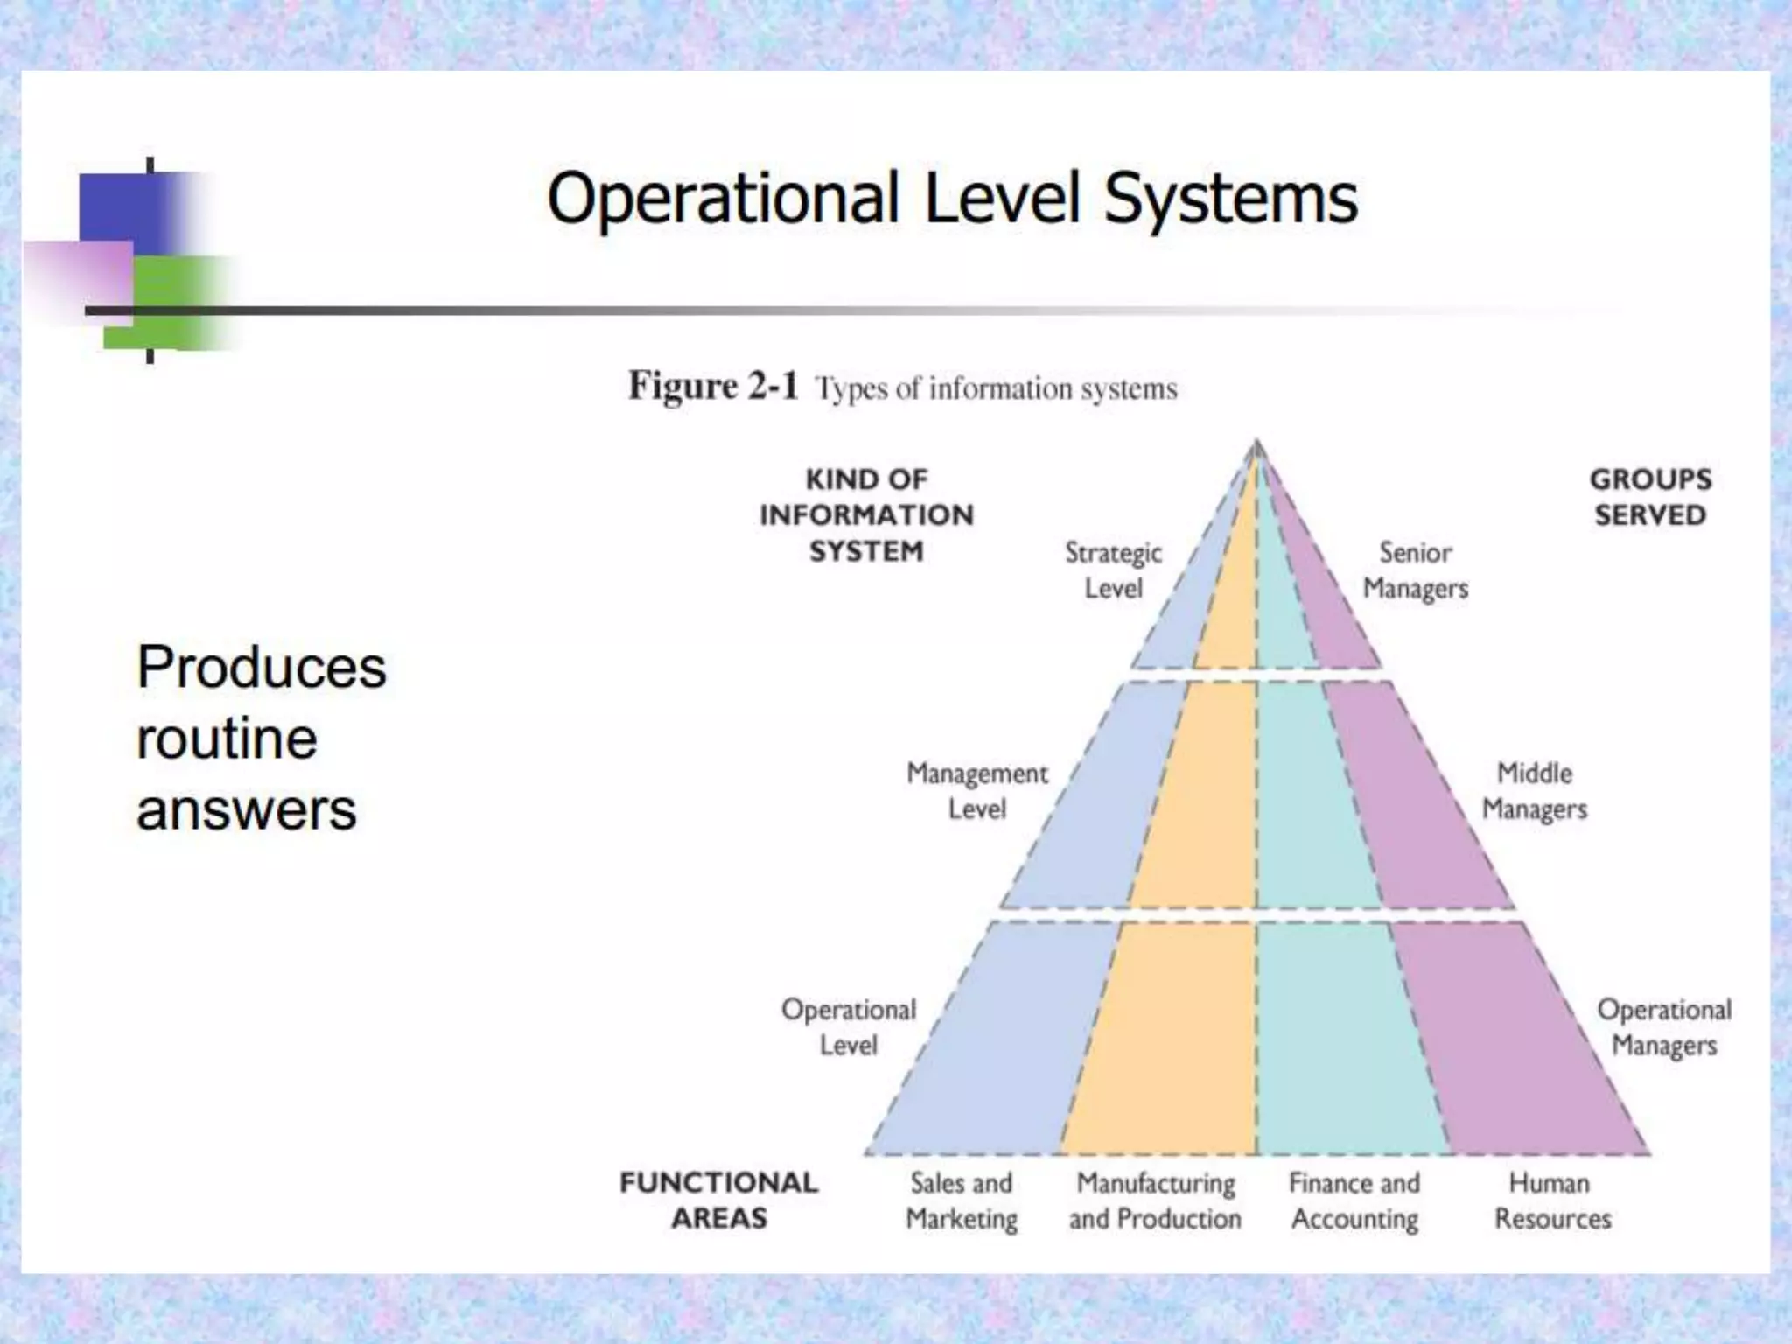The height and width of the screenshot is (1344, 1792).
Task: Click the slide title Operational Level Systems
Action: (x=952, y=199)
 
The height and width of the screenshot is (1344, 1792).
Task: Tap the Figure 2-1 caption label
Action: (x=712, y=387)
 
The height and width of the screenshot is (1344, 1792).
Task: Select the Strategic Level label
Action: (x=1113, y=570)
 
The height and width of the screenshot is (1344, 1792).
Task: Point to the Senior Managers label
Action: (x=1415, y=570)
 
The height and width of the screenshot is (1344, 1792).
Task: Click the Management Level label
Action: (x=976, y=790)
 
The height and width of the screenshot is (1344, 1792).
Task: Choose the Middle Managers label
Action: (x=1534, y=790)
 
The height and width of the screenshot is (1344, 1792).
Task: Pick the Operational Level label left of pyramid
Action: (x=848, y=1026)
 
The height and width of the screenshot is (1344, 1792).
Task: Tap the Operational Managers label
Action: (x=1664, y=1026)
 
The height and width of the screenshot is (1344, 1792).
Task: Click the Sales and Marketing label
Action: (x=962, y=1200)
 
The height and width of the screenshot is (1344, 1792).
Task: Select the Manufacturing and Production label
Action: (x=1155, y=1200)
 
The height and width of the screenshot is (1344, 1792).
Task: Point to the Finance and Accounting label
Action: (x=1354, y=1200)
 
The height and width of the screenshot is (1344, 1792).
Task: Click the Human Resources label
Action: (x=1552, y=1200)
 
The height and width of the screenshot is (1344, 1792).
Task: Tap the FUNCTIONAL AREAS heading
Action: (x=718, y=1200)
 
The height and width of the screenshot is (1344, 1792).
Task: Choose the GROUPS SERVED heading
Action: (x=1650, y=497)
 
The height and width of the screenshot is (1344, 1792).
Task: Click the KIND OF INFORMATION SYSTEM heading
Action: (x=866, y=515)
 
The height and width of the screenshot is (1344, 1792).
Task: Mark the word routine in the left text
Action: (x=227, y=738)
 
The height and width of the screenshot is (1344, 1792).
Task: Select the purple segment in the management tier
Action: (x=1409, y=796)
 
